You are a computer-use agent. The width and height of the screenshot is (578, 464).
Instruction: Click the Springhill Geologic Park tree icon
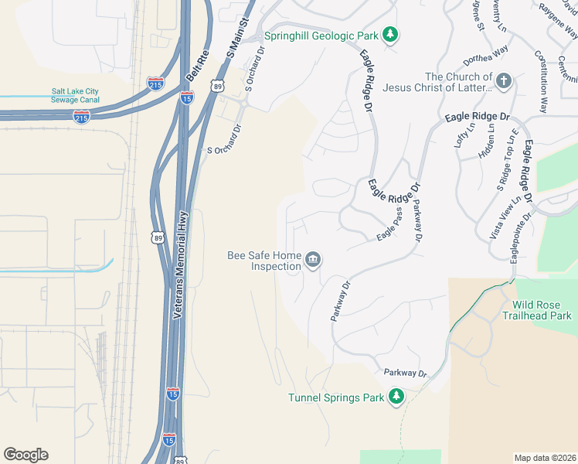391,35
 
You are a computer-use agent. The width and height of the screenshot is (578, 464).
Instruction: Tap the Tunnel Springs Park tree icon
396,397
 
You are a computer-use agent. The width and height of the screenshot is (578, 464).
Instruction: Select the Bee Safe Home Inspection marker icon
313,259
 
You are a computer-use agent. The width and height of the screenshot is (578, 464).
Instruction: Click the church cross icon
504,80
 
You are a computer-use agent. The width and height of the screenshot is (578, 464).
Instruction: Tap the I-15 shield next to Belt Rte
186,96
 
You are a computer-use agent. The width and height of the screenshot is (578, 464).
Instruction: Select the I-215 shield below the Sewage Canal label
81,116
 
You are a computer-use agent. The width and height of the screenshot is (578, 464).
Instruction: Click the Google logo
25,455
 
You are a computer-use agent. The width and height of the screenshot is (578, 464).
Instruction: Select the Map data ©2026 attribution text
545,457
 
